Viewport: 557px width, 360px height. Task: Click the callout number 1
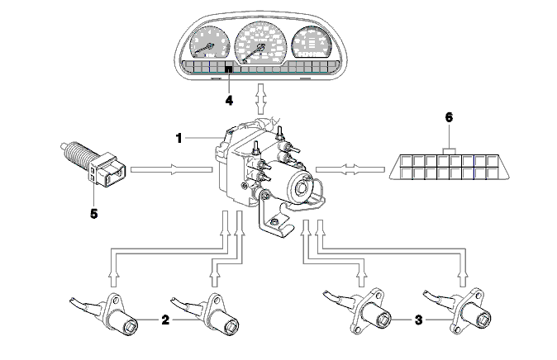[179, 138]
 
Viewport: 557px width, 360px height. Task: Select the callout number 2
[165, 320]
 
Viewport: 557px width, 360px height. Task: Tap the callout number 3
[419, 320]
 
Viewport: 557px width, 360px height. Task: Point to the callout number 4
[229, 101]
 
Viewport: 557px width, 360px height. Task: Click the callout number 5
[93, 214]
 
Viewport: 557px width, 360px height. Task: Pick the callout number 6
[449, 117]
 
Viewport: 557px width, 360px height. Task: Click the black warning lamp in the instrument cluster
[229, 69]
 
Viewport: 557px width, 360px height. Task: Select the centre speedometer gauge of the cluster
[261, 42]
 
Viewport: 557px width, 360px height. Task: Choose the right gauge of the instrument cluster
[312, 42]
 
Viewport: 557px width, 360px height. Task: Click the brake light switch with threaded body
[93, 164]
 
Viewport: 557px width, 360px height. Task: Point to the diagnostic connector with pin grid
[450, 166]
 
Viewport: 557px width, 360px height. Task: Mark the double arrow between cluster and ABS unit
[261, 99]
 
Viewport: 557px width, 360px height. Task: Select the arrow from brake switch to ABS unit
[172, 169]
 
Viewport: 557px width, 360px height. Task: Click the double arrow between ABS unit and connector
[350, 169]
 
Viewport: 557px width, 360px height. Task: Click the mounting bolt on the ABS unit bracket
[274, 222]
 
